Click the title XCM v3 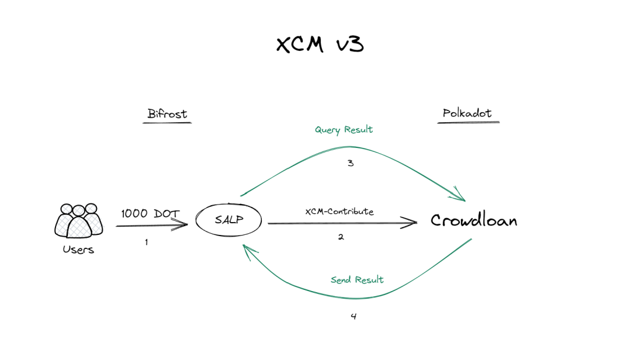(320, 45)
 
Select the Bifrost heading (168, 113)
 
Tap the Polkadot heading (467, 113)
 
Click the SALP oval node (228, 220)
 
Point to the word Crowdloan (474, 220)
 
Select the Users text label (78, 250)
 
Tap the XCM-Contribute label (339, 212)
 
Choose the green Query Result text (344, 130)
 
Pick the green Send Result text (357, 280)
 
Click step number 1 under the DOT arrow (146, 242)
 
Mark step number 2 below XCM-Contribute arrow (341, 237)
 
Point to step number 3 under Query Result (351, 163)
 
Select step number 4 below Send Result (353, 317)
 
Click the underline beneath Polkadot (469, 123)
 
